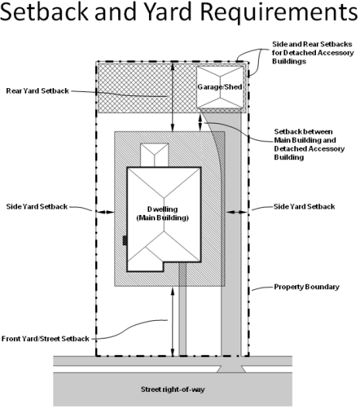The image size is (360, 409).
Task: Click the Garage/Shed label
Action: click(x=219, y=87)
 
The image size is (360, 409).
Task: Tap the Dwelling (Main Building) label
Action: click(x=162, y=213)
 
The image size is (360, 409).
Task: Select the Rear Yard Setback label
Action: click(x=37, y=90)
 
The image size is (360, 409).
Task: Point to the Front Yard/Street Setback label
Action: click(x=46, y=339)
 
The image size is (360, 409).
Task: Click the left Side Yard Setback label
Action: click(x=37, y=206)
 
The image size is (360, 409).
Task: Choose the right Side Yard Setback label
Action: click(x=304, y=206)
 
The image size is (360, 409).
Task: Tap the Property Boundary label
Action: click(x=307, y=287)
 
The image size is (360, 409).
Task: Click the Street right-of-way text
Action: click(x=172, y=390)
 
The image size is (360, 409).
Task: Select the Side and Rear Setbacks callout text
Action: click(x=313, y=53)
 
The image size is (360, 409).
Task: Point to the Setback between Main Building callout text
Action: click(x=309, y=145)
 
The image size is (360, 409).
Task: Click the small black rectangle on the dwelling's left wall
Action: click(x=125, y=240)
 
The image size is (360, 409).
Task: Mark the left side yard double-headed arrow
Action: click(x=106, y=212)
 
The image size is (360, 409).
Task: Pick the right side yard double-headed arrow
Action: click(x=236, y=213)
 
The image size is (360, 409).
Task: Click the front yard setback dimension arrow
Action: click(x=172, y=322)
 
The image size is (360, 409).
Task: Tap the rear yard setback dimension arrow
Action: click(x=172, y=97)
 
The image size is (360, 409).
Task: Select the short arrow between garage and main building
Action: click(x=200, y=123)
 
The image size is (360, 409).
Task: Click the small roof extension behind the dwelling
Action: click(x=155, y=155)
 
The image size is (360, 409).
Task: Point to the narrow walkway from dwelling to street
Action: click(x=182, y=309)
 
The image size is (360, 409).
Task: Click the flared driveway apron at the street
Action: click(x=231, y=369)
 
